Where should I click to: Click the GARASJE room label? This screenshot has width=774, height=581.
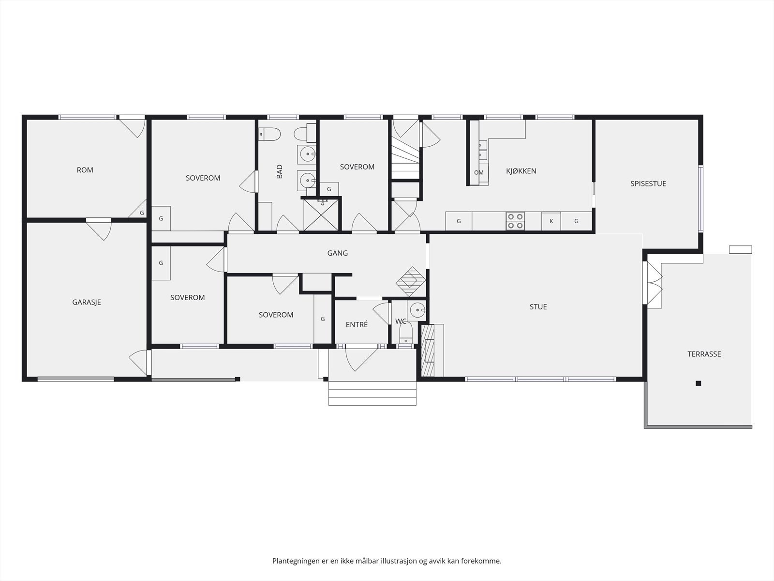point(87,302)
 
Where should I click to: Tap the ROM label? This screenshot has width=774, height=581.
point(85,170)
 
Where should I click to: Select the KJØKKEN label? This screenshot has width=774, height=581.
point(521,171)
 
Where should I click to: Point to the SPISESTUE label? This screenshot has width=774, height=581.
point(648,183)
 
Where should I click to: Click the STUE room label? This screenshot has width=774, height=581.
point(538,307)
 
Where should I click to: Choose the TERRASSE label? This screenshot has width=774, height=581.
point(704,354)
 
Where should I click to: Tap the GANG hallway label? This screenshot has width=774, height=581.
point(338,253)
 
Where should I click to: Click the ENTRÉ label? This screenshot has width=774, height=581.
point(357,324)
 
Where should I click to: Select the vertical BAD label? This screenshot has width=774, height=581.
point(280,171)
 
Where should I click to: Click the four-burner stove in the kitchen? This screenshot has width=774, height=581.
point(515,221)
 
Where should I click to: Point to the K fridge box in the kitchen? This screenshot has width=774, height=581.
point(551,221)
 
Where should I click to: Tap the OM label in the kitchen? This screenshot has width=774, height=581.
point(478,172)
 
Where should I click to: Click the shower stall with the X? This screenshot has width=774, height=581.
point(321,215)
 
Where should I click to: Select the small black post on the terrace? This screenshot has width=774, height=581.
point(698,383)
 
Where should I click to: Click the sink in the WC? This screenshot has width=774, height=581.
point(417,310)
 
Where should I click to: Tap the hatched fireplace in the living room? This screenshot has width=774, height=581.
point(428,351)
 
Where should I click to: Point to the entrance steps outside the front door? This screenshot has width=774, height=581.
point(372,393)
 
